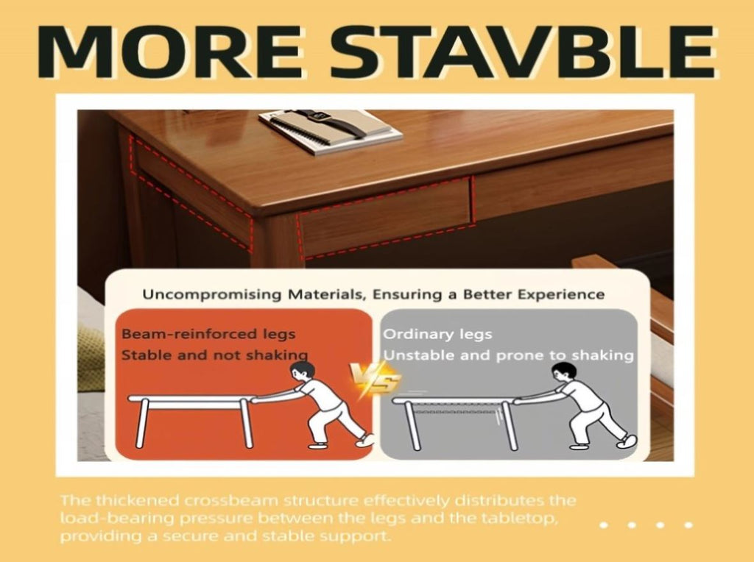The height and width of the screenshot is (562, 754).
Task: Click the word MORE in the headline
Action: point(170,51)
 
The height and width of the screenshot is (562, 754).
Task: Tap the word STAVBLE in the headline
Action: point(523,51)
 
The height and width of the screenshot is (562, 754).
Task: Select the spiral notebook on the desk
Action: point(331,130)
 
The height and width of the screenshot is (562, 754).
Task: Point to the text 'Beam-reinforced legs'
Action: point(208,334)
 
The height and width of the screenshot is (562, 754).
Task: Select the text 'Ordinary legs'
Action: point(437,334)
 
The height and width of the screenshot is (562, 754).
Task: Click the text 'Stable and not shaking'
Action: point(214,355)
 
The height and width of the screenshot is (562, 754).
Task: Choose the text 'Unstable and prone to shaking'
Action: point(508,355)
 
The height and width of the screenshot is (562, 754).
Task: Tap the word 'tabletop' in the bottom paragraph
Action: point(524,519)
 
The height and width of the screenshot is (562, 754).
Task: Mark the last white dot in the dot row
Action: point(688,525)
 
